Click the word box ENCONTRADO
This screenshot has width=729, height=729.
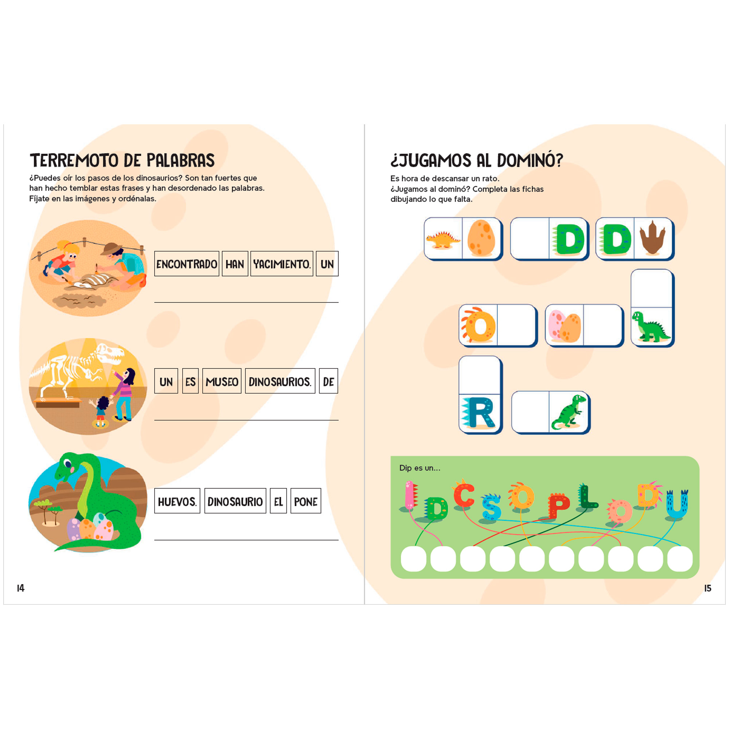pos(186,264)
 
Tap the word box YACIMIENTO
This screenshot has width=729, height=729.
pos(281,264)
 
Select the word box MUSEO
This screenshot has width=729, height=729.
pos(222,381)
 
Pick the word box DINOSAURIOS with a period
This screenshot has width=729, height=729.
pos(280,381)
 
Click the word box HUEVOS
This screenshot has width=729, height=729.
pos(178,501)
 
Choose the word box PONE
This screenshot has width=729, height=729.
pos(306,501)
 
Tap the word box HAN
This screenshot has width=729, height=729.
pos(235,264)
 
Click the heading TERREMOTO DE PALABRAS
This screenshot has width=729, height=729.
pos(122,160)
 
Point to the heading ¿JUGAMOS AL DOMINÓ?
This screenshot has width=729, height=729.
pos(476,160)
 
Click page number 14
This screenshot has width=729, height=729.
pos(21,588)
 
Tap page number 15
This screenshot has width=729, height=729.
pos(707,588)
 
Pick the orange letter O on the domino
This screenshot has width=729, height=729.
pos(477,324)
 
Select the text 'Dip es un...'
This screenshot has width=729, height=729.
pos(420,468)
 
